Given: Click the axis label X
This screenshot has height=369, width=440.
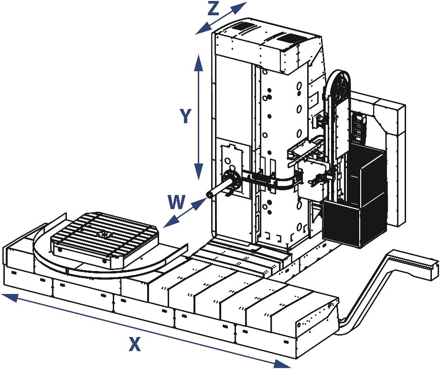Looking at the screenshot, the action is point(134,344).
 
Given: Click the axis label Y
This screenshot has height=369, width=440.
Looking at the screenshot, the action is point(185,116).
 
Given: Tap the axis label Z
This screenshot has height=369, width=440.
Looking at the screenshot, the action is point(213,9).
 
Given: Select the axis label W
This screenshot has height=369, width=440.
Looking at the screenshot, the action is point(177,202).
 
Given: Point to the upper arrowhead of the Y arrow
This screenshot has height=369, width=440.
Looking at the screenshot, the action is point(198,61).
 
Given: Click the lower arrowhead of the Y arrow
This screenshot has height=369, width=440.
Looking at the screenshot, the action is point(198,172).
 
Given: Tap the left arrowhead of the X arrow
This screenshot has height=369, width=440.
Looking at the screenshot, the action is point(9,297).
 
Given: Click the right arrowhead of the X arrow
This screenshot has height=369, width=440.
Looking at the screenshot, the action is point(282,363).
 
